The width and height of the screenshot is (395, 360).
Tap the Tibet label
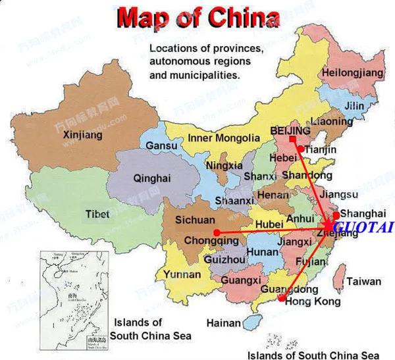tap(97, 214)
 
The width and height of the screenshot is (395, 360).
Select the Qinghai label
tap(151, 178)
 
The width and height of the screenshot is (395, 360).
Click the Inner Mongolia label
tap(224, 138)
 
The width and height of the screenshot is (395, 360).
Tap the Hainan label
tap(223, 323)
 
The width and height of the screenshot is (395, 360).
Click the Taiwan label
tap(363, 281)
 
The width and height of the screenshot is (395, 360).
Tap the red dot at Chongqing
tap(217, 232)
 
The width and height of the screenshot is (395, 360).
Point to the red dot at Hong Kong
tap(282, 299)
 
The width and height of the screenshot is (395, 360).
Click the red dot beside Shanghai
tap(336, 215)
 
